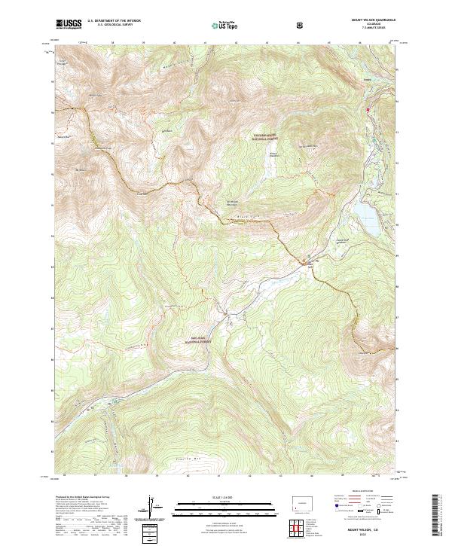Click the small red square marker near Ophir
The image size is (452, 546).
click(x=368, y=110)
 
